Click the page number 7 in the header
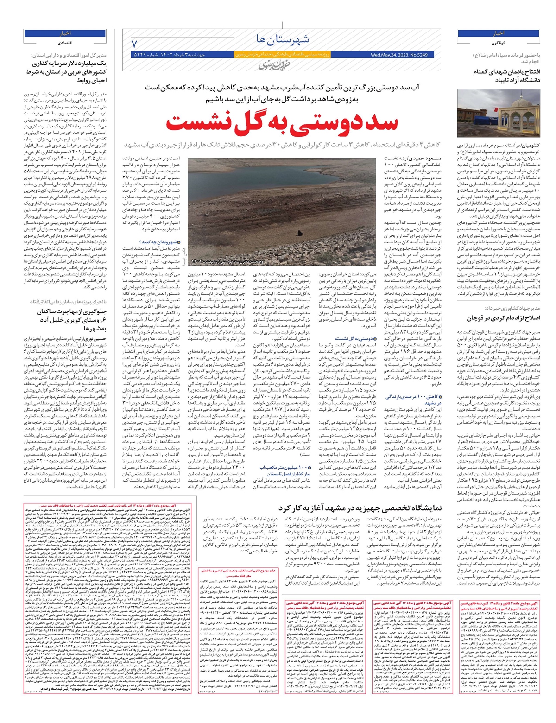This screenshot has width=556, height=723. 135,44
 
